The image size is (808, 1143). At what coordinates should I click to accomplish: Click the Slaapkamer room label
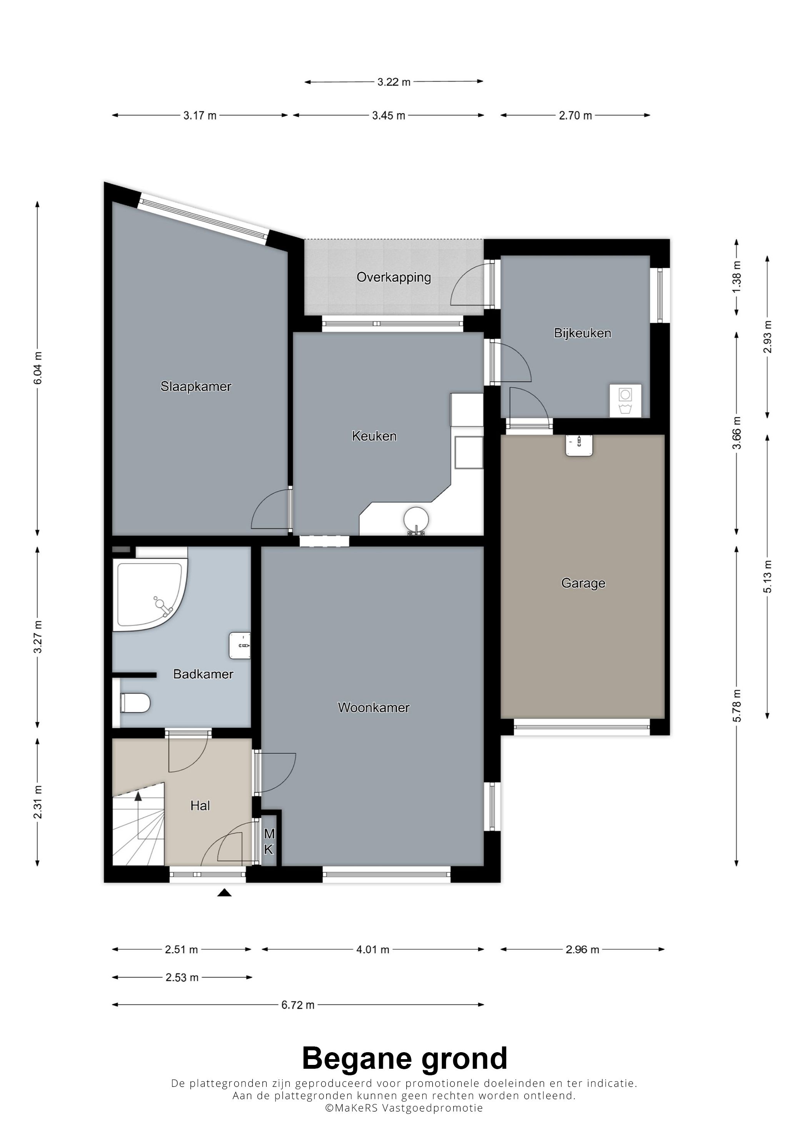pyautogui.click(x=196, y=387)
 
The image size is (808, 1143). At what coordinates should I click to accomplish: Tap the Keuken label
pyautogui.click(x=374, y=436)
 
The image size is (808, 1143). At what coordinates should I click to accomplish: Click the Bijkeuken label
pyautogui.click(x=583, y=333)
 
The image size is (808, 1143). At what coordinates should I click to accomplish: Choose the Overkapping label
pyautogui.click(x=393, y=277)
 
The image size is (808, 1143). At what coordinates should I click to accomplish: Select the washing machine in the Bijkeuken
pyautogui.click(x=625, y=400)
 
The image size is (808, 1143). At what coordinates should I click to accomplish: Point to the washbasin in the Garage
pyautogui.click(x=579, y=445)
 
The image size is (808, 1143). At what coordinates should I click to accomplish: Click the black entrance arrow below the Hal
pyautogui.click(x=225, y=893)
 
